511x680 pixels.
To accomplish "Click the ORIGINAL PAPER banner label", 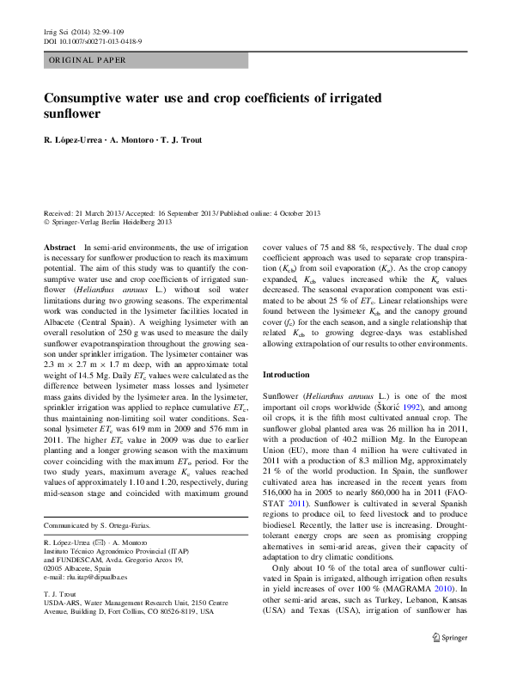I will coord(87,61).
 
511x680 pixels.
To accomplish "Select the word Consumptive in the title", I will coord(94,97).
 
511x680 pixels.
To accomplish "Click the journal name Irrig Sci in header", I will coord(58,31).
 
